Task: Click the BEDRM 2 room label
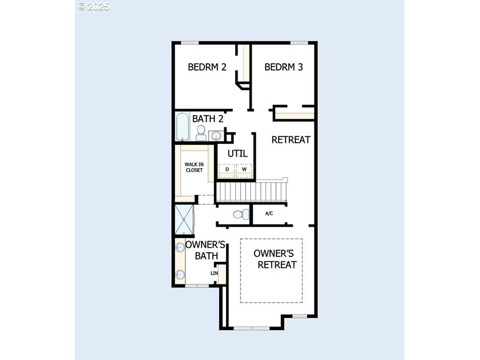pos(207,67)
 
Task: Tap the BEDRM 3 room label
pos(283,67)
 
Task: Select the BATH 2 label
pos(208,118)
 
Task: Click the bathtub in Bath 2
pos(183,127)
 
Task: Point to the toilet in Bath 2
pos(201,133)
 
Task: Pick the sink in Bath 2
pos(216,135)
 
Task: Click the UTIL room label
pos(238,154)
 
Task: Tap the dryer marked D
pos(227,169)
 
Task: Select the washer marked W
pos(244,169)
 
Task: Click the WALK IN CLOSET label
pos(194,167)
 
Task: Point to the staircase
pos(252,192)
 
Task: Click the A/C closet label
pos(269,213)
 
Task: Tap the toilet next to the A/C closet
pos(241,214)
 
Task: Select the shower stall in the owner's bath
pos(185,219)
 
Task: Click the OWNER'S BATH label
pos(206,250)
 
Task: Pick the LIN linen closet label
pos(214,273)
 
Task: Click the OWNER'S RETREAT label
pos(275,259)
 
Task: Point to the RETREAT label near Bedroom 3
pos(291,140)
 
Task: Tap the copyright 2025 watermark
pos(93,7)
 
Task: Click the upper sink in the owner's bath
pos(180,247)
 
